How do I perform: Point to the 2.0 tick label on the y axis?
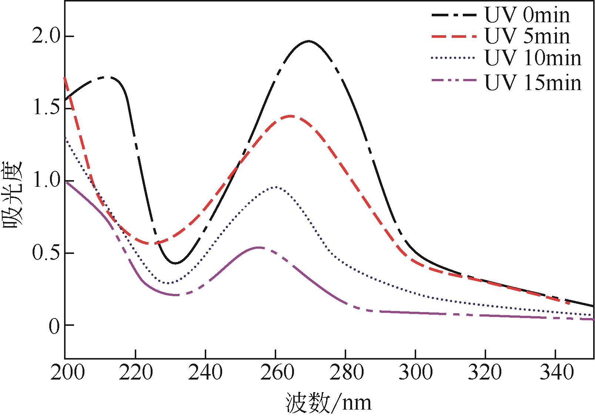pos(43,37)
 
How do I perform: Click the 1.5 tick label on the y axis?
pos(43,109)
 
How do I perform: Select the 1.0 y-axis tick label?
pos(43,181)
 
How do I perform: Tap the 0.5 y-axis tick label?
pos(43,254)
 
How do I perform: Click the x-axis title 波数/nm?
pos(328,403)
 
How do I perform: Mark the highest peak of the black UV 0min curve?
pos(308,41)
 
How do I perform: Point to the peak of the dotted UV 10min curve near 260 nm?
pos(275,187)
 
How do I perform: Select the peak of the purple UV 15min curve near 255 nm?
pos(258,247)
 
